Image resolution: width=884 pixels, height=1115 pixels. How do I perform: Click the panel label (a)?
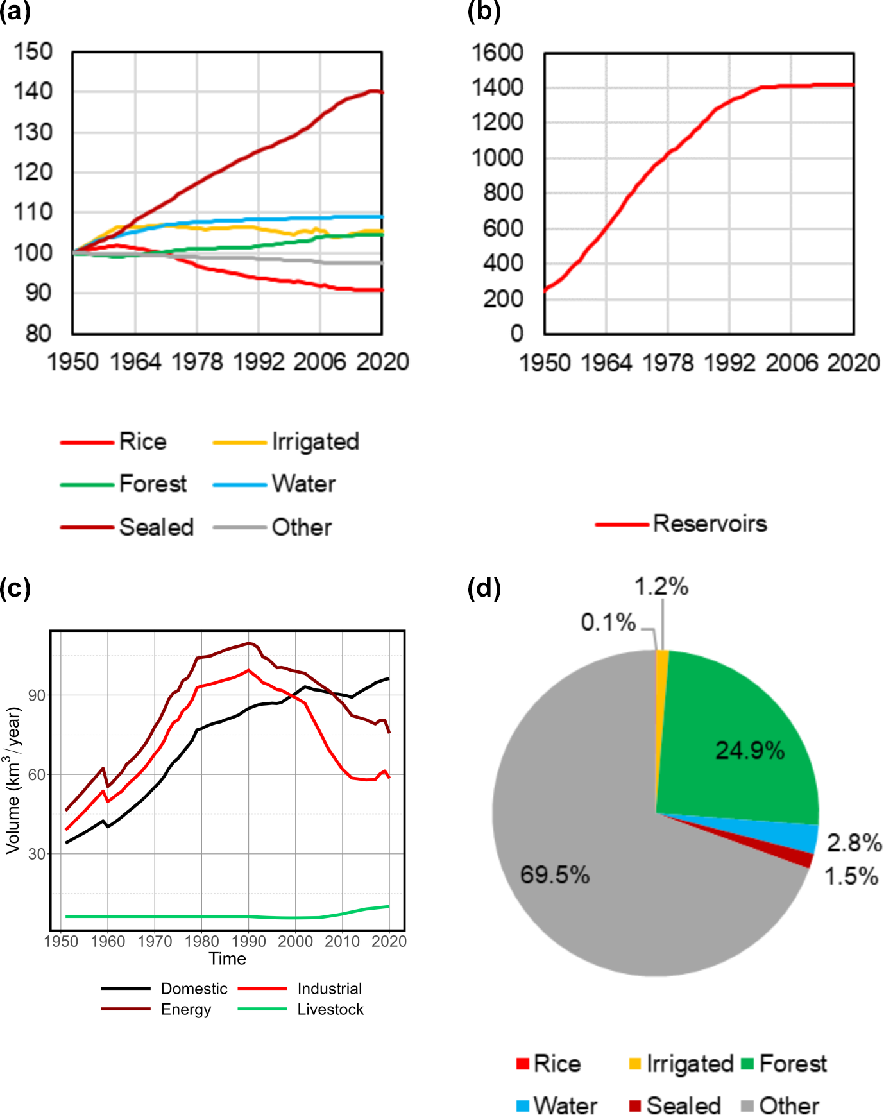click(x=15, y=12)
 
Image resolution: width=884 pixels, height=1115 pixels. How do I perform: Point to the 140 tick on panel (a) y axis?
click(x=33, y=91)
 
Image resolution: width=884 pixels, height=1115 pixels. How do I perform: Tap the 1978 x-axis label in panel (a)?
click(x=197, y=362)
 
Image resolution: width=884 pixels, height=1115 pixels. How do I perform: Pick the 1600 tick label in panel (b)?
click(x=498, y=53)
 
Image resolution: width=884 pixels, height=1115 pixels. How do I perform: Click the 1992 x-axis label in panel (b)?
click(x=729, y=363)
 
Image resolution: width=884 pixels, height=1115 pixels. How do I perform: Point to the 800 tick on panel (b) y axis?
click(x=504, y=192)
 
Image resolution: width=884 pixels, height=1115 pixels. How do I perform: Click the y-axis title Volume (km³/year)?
click(x=13, y=780)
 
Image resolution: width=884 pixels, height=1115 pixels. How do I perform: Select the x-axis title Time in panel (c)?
click(x=227, y=958)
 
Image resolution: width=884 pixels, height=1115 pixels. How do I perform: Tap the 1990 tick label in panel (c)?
click(x=248, y=941)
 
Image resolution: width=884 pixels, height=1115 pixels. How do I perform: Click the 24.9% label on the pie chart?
click(x=749, y=750)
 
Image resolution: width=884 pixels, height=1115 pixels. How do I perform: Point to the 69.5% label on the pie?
click(x=554, y=874)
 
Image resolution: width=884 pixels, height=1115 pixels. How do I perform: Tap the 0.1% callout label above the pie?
click(x=608, y=622)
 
